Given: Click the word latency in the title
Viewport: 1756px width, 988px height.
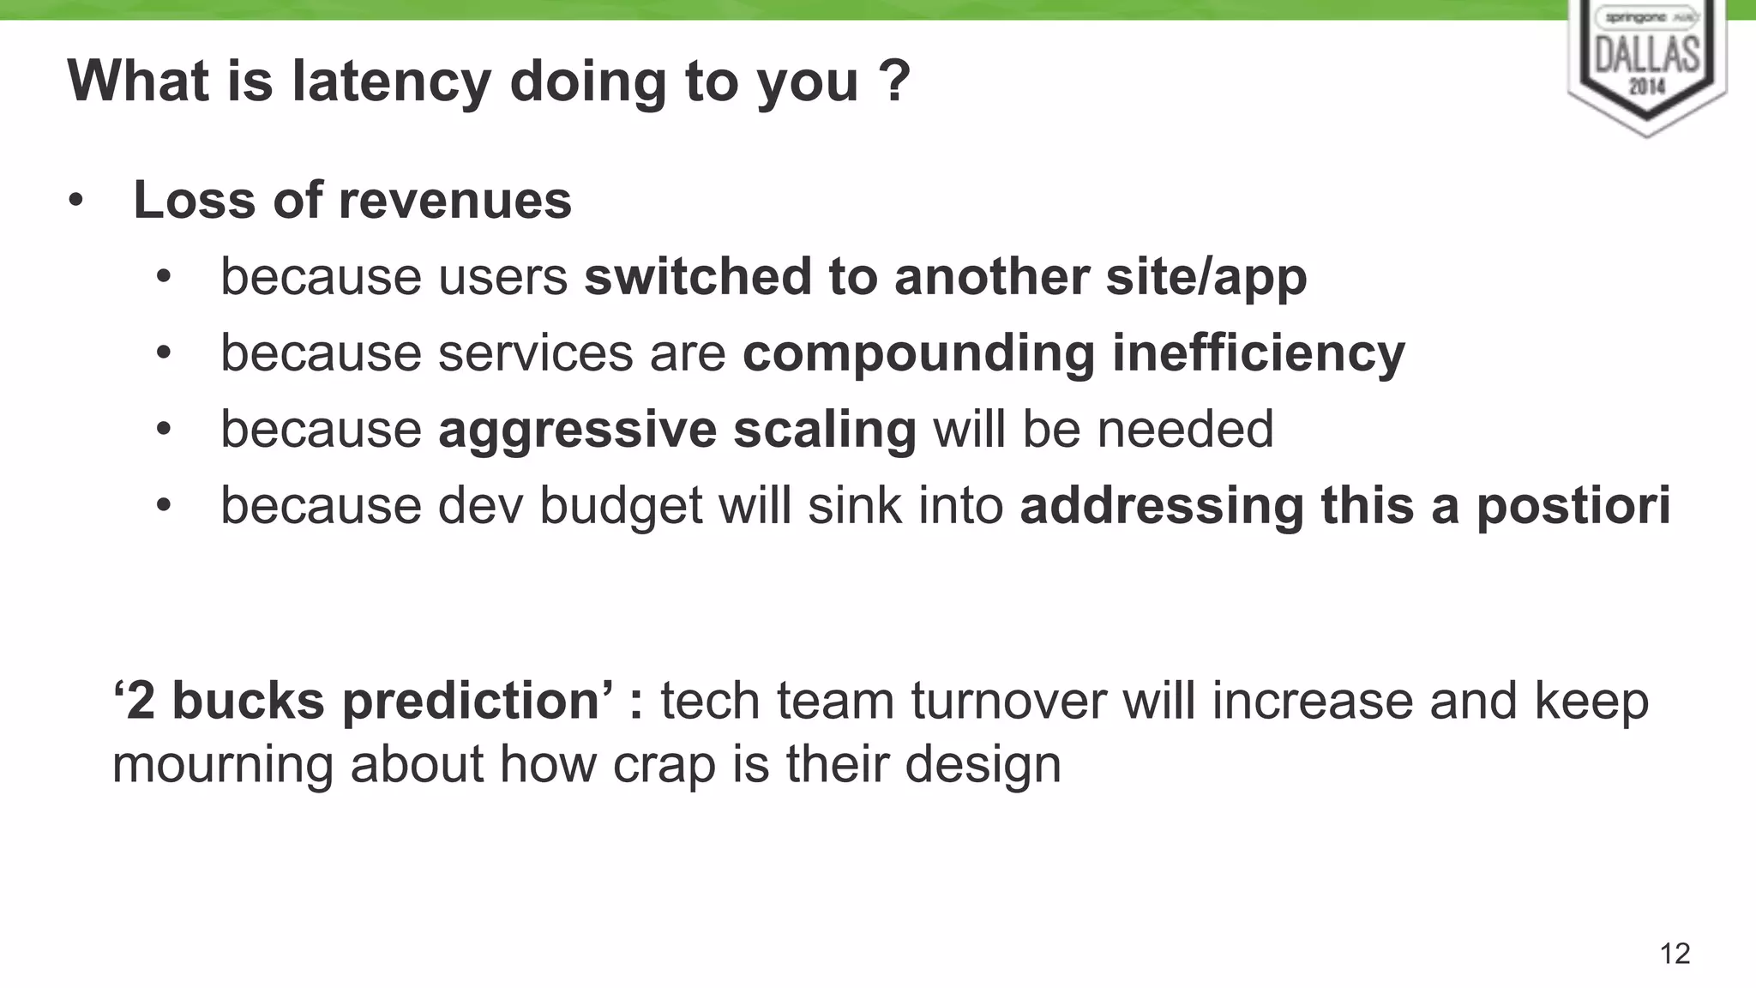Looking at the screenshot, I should coord(391,81).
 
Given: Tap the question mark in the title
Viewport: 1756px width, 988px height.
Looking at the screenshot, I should coord(893,81).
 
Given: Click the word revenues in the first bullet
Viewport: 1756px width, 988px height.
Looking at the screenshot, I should coord(454,200).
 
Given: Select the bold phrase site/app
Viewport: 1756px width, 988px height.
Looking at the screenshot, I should coord(1206,277).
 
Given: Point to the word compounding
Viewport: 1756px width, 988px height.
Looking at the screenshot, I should coord(918,353).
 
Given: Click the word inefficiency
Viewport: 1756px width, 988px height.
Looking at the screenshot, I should coord(1258,352).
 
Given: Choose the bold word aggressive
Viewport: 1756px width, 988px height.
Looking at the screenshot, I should coord(577,430).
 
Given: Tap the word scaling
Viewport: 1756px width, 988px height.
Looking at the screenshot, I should coord(825,430).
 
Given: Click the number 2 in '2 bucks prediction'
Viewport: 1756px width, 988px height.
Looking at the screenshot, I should coord(140,701).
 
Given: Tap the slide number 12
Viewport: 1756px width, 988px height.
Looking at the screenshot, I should coord(1675,954).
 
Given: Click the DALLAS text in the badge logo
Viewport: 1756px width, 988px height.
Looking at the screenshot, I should coord(1647,54).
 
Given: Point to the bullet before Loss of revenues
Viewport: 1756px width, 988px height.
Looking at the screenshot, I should coord(76,202).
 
